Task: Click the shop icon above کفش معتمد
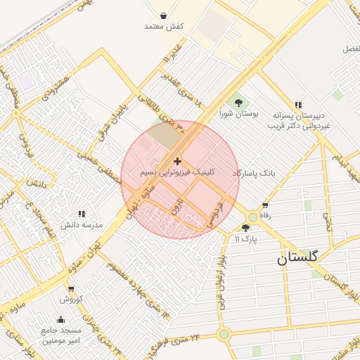(x=163, y=15)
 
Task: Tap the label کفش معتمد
(x=164, y=27)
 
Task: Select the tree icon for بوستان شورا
(x=238, y=103)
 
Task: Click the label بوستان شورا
(x=238, y=113)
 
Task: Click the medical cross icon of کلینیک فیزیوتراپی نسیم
(x=177, y=162)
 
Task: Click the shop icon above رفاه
(x=265, y=205)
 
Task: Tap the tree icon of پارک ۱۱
(x=245, y=228)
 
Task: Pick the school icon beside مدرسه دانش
(x=82, y=214)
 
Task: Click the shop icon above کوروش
(x=70, y=288)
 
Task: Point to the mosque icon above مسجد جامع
(x=61, y=319)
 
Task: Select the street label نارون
(x=176, y=206)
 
